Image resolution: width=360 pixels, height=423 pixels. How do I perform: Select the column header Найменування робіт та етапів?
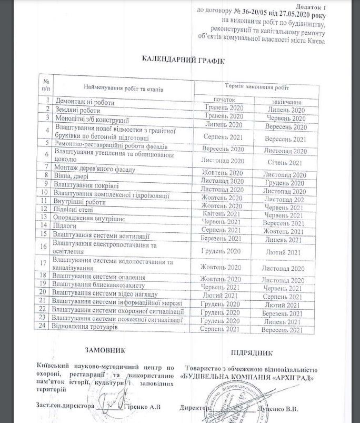pos(123,89)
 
